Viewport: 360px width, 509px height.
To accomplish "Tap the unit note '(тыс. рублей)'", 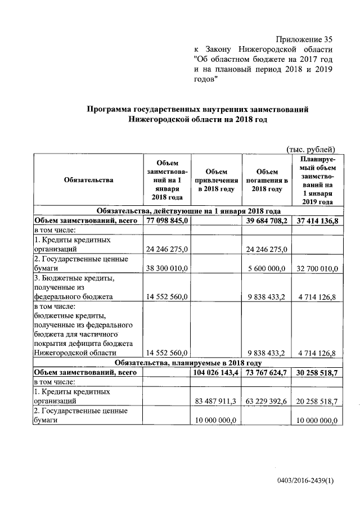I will (311, 149).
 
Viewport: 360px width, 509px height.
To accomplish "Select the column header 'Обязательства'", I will (88, 180).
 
